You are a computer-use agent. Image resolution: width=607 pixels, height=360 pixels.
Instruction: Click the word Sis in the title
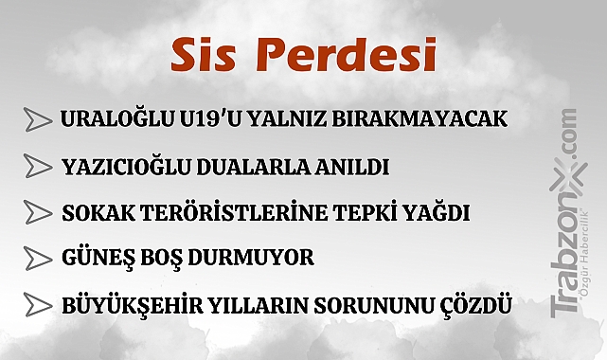coord(199,55)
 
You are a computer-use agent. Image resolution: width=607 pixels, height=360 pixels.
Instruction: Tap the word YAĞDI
coord(433,211)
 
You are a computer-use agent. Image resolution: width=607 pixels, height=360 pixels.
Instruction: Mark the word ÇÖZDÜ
coord(475,306)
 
